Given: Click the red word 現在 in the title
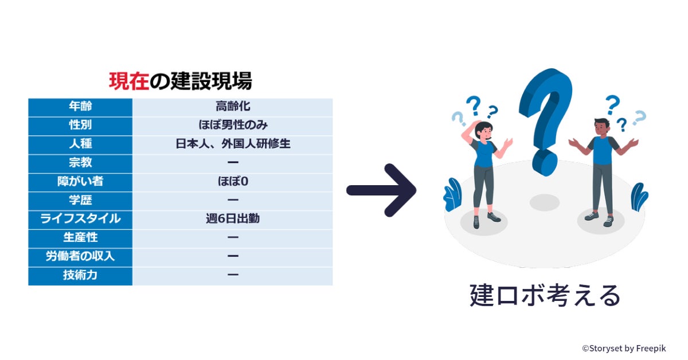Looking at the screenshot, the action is [129, 81].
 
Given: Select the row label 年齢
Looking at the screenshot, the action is [80, 107].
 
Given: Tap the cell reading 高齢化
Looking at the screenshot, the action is [233, 107].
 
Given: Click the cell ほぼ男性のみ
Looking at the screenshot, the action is [233, 125].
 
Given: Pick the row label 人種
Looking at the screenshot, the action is [80, 144].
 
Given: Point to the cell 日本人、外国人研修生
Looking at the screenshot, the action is [233, 144].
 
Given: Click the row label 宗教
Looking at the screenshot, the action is [80, 163].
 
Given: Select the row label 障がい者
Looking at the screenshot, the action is [80, 182].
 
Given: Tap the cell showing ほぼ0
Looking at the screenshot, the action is [233, 182].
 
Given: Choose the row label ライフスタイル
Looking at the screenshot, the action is [80, 219].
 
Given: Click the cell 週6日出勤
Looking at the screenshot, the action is [233, 219].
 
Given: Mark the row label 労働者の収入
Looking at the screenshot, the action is [80, 256].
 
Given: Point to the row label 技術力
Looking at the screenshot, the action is [80, 275].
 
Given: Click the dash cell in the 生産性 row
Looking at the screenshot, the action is [233, 237].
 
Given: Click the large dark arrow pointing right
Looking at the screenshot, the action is [381, 190].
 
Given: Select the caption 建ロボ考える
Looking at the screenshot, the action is [545, 296].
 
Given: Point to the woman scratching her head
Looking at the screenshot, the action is [483, 172].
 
